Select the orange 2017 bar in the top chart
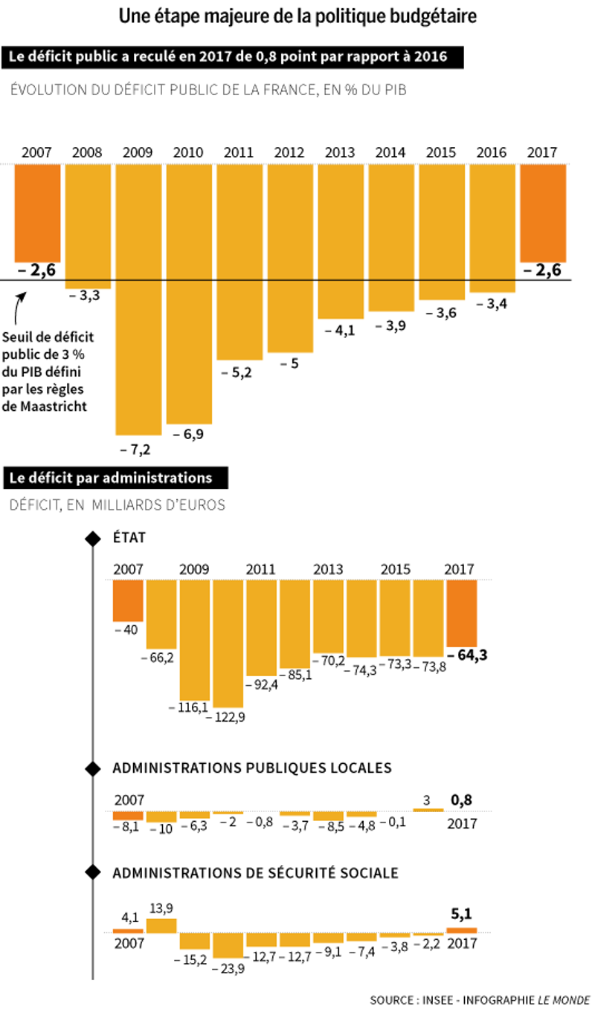click(x=543, y=213)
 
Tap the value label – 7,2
click(x=135, y=450)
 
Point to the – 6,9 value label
click(x=187, y=434)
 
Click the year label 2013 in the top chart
click(x=340, y=152)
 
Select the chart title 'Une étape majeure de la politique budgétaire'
click(x=297, y=16)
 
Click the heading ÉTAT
click(x=130, y=536)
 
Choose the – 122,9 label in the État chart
click(x=229, y=718)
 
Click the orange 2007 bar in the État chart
click(x=128, y=600)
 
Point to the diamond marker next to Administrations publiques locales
click(x=92, y=768)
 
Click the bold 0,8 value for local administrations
click(x=461, y=800)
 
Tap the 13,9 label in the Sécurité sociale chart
click(x=161, y=908)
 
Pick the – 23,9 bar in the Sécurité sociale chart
click(x=228, y=944)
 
